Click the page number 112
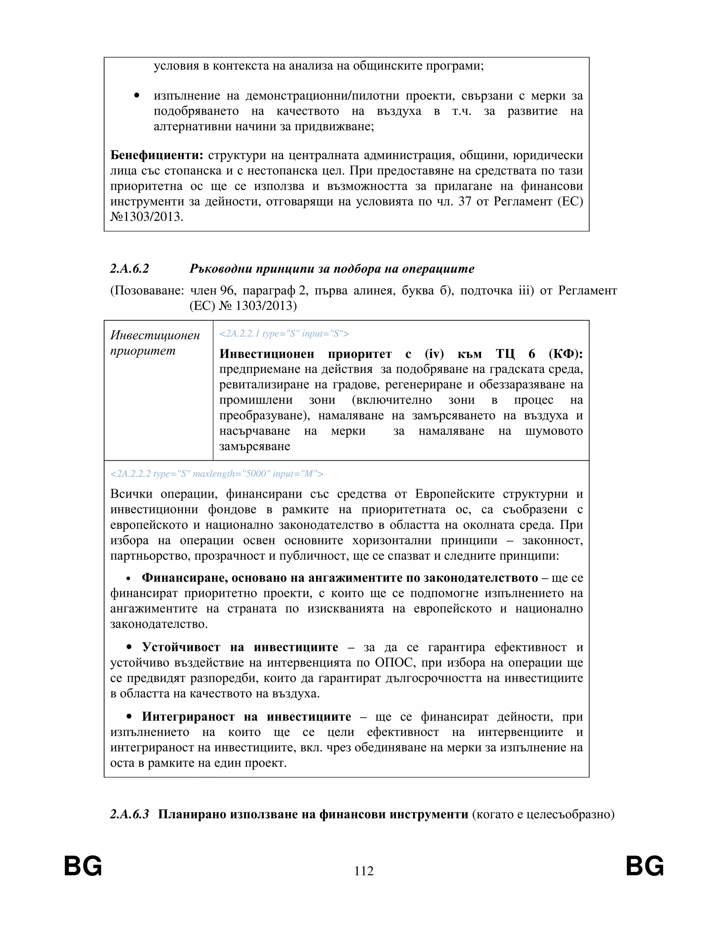364,871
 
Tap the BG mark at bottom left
83,866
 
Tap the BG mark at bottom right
645,866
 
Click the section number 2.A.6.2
129,269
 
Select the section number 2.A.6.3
129,814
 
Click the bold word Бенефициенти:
156,155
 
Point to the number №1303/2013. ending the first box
147,216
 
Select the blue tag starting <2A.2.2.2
216,473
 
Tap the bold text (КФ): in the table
566,354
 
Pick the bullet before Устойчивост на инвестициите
129,648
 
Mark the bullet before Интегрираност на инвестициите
129,717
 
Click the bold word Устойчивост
181,647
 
